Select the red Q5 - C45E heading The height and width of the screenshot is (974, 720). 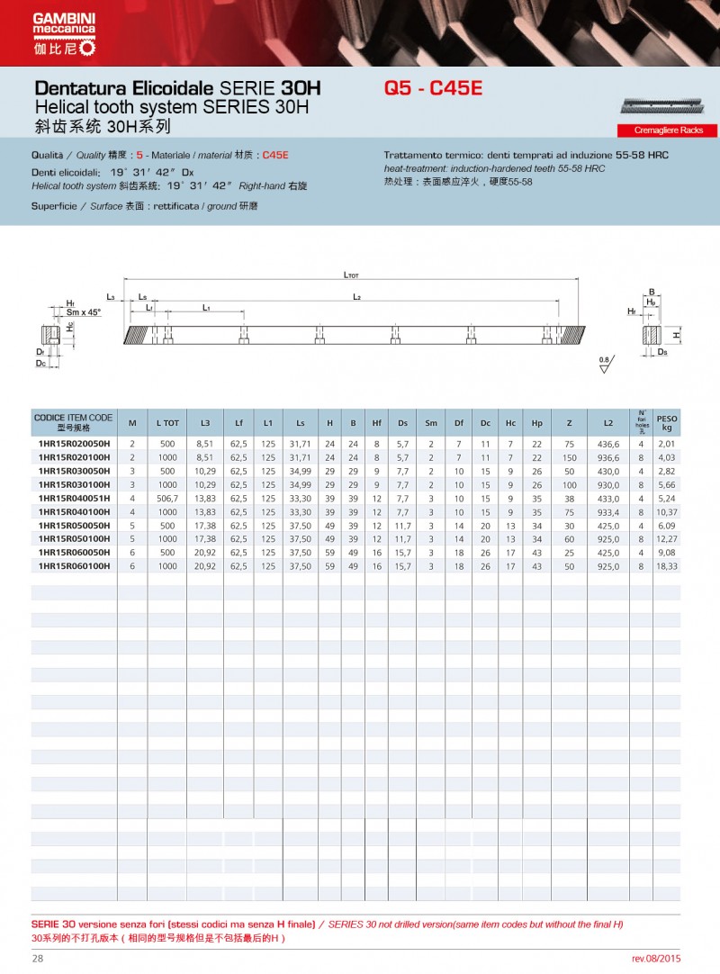tap(434, 89)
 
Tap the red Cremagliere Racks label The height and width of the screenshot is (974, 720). tap(669, 131)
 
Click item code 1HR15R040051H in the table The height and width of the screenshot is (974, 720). tap(74, 498)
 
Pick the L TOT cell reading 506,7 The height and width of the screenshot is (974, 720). tap(167, 498)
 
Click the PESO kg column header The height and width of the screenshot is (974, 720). tap(667, 422)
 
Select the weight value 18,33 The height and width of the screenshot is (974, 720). tap(667, 565)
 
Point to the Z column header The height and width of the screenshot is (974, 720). tap(569, 422)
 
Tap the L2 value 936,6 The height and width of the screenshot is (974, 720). tap(609, 457)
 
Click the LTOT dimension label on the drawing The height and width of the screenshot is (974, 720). tap(351, 276)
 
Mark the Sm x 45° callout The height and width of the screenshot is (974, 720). tap(84, 311)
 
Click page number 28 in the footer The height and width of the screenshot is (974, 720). tap(38, 959)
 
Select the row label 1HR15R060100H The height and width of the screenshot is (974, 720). tap(74, 565)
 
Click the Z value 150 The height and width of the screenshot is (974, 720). tap(569, 457)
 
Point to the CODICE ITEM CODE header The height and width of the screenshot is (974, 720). tap(73, 422)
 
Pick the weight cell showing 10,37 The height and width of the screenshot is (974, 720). tap(667, 511)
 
